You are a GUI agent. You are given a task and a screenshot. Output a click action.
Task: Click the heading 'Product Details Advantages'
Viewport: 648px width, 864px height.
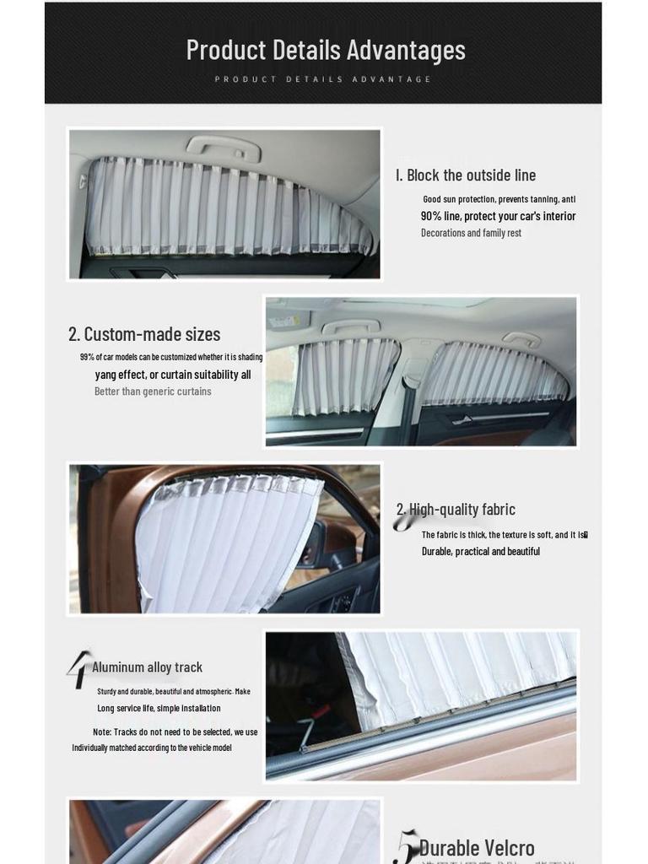click(x=325, y=50)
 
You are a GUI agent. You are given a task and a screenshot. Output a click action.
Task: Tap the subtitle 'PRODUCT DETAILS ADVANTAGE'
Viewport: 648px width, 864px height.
click(x=323, y=79)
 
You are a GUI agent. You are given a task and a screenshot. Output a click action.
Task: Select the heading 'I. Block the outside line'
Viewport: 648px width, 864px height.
click(x=466, y=175)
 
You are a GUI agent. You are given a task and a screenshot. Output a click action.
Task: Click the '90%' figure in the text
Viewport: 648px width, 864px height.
click(x=431, y=216)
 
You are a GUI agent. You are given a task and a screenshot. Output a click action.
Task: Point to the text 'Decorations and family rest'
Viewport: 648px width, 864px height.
click(x=471, y=233)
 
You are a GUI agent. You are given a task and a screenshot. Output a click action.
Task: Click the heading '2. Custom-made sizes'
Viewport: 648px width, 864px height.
click(x=144, y=334)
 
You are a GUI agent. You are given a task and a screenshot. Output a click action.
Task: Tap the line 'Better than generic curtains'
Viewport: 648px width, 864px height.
click(x=153, y=391)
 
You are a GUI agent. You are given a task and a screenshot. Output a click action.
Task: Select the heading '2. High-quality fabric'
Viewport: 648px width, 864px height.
click(x=456, y=510)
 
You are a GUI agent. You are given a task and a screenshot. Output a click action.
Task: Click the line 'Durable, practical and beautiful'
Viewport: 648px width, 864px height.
click(x=481, y=552)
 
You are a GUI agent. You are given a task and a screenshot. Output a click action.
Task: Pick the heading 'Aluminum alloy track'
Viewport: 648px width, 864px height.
click(x=147, y=667)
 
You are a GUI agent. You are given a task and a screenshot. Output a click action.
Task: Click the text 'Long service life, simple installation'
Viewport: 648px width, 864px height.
click(x=159, y=709)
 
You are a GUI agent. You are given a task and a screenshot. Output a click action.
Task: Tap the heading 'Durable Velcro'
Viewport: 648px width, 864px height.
click(x=477, y=847)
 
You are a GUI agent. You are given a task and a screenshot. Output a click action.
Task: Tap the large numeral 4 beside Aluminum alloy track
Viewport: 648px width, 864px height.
click(x=78, y=668)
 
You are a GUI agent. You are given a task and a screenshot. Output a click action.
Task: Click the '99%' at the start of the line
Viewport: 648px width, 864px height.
click(x=87, y=357)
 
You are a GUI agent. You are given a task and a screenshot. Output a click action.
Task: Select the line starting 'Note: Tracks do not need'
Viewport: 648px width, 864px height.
click(x=175, y=732)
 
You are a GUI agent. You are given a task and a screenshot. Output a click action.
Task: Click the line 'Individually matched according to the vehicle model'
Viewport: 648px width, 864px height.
click(x=152, y=748)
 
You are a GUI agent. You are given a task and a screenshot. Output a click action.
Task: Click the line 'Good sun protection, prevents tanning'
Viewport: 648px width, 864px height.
click(x=499, y=199)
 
